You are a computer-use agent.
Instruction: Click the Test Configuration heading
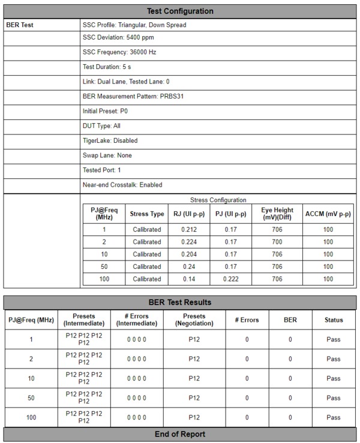point(180,11)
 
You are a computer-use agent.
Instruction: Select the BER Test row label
point(20,25)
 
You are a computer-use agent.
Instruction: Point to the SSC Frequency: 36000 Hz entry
point(119,52)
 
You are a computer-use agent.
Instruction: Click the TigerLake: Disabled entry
point(110,140)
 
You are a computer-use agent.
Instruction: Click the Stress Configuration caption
point(218,200)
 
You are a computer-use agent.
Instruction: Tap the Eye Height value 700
point(276,242)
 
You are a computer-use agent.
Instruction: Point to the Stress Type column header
point(147,213)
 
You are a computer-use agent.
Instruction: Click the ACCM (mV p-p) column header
point(328,213)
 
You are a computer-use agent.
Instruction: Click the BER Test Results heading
point(180,302)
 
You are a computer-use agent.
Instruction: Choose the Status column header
point(334,320)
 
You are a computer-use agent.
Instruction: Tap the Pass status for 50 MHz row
point(334,397)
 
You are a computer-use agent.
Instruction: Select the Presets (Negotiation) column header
point(194,320)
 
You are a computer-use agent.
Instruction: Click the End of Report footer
point(180,434)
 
